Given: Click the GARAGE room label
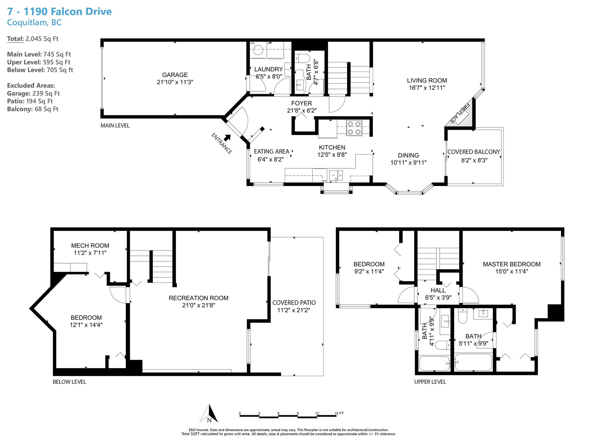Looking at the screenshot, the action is pyautogui.click(x=175, y=75).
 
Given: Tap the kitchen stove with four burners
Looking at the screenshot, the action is pyautogui.click(x=354, y=128).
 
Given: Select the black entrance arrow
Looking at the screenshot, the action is pyautogui.click(x=227, y=137).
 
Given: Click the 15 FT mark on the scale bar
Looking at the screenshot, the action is pyautogui.click(x=339, y=413).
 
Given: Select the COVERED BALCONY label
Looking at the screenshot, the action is pyautogui.click(x=474, y=152).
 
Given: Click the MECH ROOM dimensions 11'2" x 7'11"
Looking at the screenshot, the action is pyautogui.click(x=90, y=253).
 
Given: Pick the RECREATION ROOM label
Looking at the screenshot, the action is pyautogui.click(x=198, y=298).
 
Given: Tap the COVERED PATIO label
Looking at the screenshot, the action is pyautogui.click(x=294, y=303).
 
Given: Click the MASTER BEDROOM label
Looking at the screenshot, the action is pyautogui.click(x=512, y=264).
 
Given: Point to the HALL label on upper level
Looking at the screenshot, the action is pyautogui.click(x=438, y=290).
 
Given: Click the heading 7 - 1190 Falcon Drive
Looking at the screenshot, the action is pyautogui.click(x=59, y=11).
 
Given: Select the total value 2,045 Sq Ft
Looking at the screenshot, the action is pyautogui.click(x=42, y=39).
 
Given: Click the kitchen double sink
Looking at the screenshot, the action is pyautogui.click(x=336, y=176).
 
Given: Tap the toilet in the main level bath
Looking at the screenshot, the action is pyautogui.click(x=302, y=58).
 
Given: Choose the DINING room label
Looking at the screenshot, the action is pyautogui.click(x=408, y=155).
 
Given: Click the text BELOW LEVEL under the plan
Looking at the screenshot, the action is pyautogui.click(x=69, y=382).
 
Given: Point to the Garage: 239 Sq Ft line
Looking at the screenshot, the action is pyautogui.click(x=33, y=93).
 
